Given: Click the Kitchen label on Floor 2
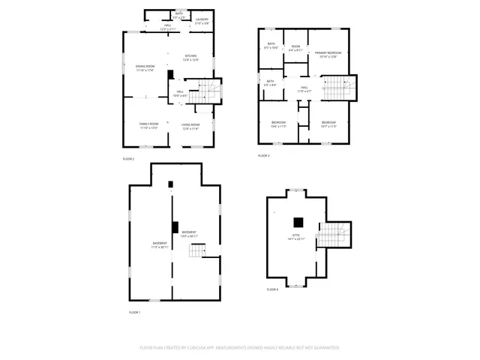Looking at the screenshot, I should point(190,56).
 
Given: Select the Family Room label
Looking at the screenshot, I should point(148,124).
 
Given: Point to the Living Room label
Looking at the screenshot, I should point(190,124).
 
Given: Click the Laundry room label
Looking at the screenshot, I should point(202,19).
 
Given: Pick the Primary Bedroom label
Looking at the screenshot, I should point(328,52).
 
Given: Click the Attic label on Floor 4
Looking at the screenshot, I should point(296,235).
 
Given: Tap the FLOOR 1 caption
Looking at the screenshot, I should point(134,312).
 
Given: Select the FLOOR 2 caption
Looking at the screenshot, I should point(128,159).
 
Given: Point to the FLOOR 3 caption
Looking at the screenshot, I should point(263,155).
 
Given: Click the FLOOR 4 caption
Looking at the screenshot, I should point(272,289).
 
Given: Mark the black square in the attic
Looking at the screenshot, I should point(298,221).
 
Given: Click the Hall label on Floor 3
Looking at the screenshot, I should point(305,88).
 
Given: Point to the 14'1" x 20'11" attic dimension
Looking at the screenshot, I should point(296,239).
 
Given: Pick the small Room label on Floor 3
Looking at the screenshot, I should point(295,47).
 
